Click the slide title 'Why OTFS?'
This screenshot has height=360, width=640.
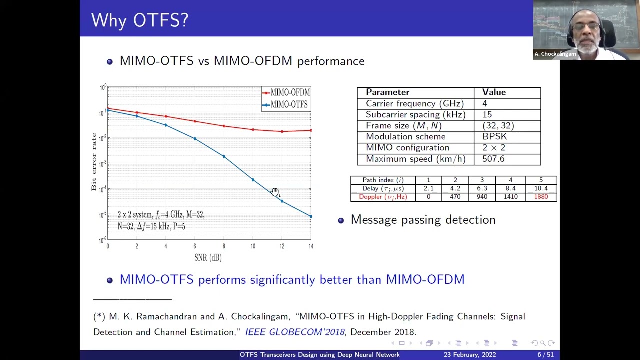[x=140, y=20]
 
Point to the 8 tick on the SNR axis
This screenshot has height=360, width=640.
[x=224, y=246]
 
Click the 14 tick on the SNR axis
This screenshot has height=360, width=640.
[x=311, y=246]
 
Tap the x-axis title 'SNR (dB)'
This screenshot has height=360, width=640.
[x=208, y=258]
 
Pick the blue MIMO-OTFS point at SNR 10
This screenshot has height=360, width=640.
[x=253, y=180]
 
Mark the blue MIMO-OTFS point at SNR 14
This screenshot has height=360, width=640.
[x=311, y=216]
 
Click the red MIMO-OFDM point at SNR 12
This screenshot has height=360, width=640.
[x=282, y=132]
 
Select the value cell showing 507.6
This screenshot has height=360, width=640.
[x=493, y=159]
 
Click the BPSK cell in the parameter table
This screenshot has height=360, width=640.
[x=494, y=136]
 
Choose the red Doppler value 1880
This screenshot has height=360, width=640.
[x=541, y=197]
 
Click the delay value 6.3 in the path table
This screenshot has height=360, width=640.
[x=482, y=188]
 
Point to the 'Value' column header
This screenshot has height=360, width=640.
[x=494, y=92]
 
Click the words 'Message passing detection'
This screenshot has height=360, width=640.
[x=423, y=220]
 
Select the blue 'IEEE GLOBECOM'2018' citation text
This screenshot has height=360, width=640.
[x=295, y=332]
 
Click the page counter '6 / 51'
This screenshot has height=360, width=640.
[x=545, y=355]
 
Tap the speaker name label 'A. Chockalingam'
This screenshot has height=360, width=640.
[x=555, y=54]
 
